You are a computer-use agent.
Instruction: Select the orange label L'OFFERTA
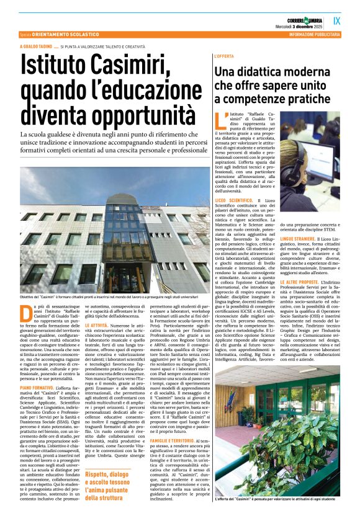pos(223,56)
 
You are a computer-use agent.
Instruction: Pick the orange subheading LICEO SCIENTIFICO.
pos(234,202)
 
